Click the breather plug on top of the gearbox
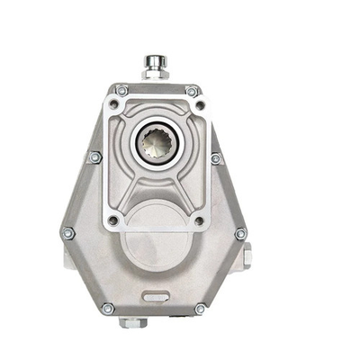click(154, 64)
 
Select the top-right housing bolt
click(192, 91)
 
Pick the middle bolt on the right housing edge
click(215, 158)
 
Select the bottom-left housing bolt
click(108, 308)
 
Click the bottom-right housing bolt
click(200, 309)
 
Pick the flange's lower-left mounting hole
click(112, 219)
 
